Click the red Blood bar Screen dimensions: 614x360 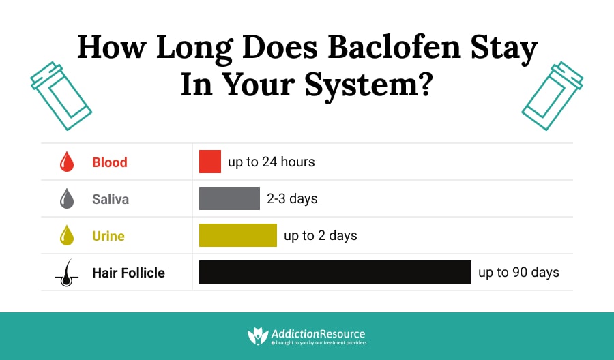click(x=210, y=161)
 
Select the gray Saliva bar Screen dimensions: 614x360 click(x=229, y=198)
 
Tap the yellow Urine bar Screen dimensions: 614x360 click(x=238, y=235)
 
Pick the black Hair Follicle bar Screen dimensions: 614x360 click(x=335, y=272)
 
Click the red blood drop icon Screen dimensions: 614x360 click(x=67, y=162)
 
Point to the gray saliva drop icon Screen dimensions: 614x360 click(x=67, y=198)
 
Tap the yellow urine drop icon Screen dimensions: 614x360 click(x=67, y=235)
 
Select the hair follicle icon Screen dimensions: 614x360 click(x=67, y=273)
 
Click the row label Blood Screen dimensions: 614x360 click(x=110, y=162)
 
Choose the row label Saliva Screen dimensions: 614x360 click(x=111, y=199)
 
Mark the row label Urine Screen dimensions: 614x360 click(x=108, y=235)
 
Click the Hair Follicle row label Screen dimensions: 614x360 click(x=128, y=273)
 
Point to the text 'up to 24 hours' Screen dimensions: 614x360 click(x=272, y=162)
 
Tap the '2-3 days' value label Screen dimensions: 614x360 click(x=292, y=199)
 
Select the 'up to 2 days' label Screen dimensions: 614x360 click(x=321, y=235)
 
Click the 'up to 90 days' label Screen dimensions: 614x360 click(x=519, y=272)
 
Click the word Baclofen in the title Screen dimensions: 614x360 click(x=394, y=46)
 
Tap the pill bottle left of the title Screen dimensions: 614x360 click(x=61, y=96)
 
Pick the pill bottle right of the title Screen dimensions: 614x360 click(x=553, y=96)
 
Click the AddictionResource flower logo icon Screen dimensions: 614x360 click(x=258, y=335)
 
